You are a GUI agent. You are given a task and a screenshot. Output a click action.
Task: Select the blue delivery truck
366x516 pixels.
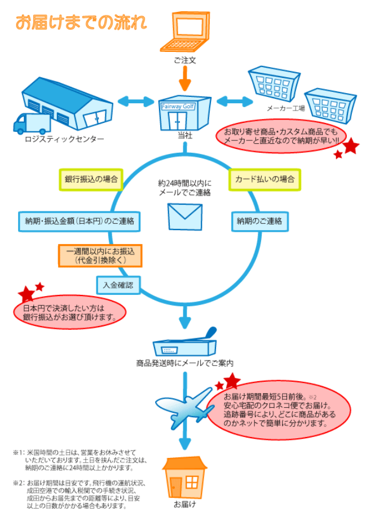click(x=32, y=124)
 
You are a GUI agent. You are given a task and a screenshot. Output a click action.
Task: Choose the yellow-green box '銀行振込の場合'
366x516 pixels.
click(x=91, y=180)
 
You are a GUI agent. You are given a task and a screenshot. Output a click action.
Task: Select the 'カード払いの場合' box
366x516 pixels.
click(x=264, y=180)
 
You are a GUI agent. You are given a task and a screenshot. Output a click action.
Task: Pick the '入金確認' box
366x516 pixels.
click(x=118, y=285)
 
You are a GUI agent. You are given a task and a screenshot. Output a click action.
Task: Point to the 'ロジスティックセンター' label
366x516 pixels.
click(x=64, y=139)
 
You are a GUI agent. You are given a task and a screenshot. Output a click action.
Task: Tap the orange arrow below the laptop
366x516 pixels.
click(x=184, y=77)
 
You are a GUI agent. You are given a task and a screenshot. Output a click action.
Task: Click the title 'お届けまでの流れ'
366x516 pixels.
click(x=81, y=23)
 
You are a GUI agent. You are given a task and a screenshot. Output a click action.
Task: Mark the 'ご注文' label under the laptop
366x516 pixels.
click(x=185, y=60)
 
